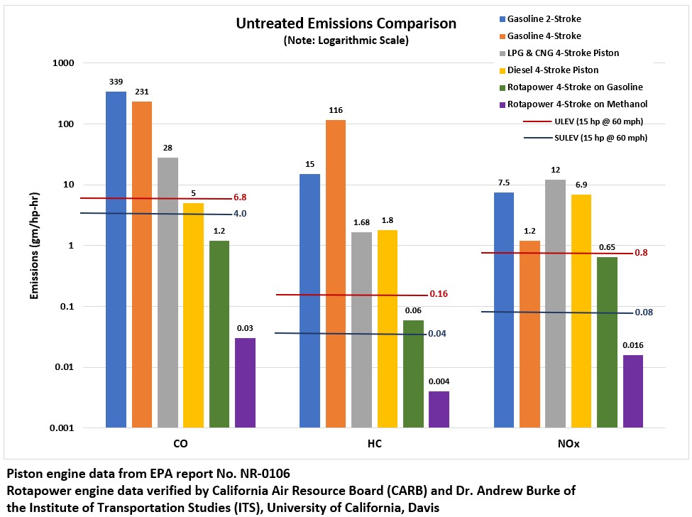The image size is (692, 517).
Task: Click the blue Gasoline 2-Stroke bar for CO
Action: (x=116, y=259)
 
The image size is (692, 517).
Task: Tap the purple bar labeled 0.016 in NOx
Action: (x=633, y=391)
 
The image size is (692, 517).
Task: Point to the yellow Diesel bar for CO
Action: (x=193, y=315)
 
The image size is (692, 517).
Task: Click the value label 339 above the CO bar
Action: (x=116, y=82)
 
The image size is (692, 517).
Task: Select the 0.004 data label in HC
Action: (x=439, y=381)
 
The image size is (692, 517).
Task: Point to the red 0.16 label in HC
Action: (x=439, y=293)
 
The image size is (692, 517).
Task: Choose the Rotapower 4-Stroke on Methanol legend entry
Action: (x=575, y=104)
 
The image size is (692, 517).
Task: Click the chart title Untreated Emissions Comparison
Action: (x=346, y=24)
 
